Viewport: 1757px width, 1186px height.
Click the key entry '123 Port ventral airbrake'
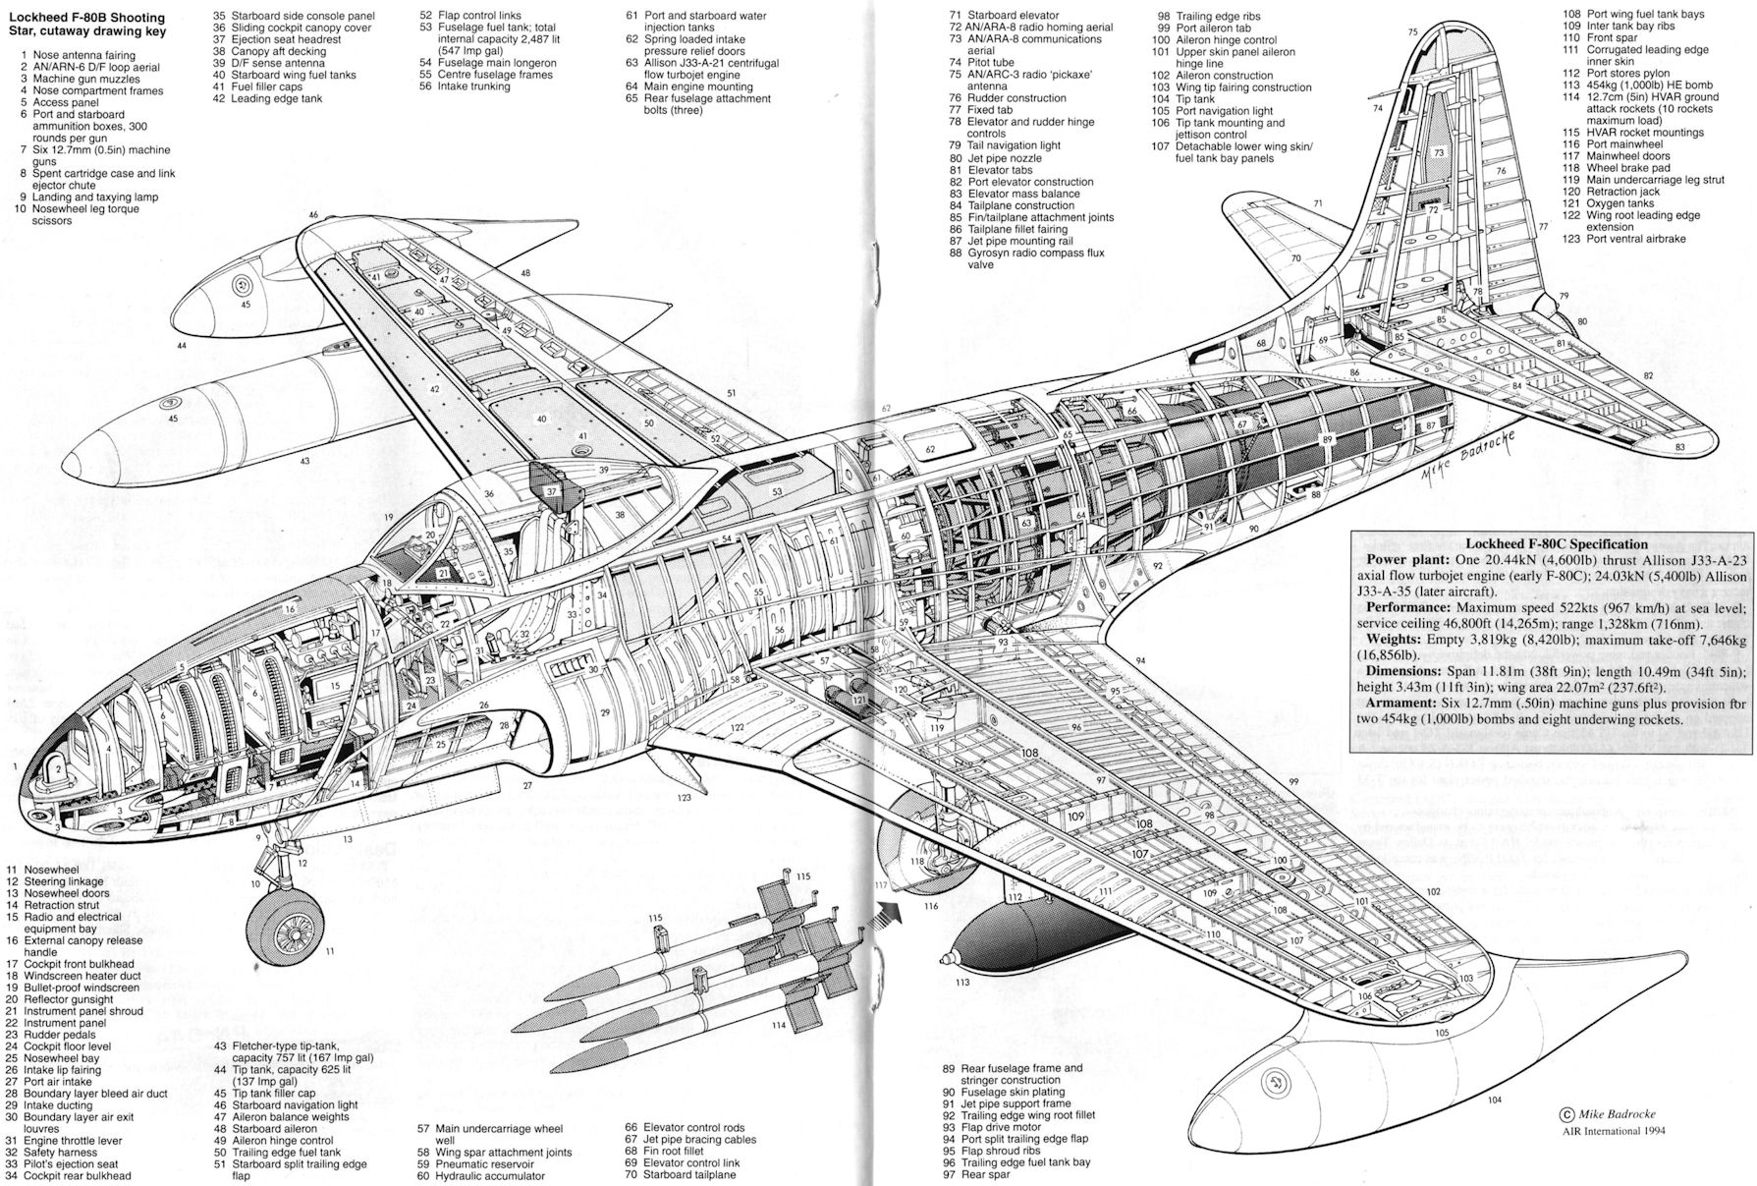point(1624,239)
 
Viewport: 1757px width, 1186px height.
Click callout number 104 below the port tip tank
point(1494,1100)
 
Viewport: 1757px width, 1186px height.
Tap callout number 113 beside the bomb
point(961,983)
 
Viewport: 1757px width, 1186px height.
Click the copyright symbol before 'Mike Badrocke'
point(1566,1114)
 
